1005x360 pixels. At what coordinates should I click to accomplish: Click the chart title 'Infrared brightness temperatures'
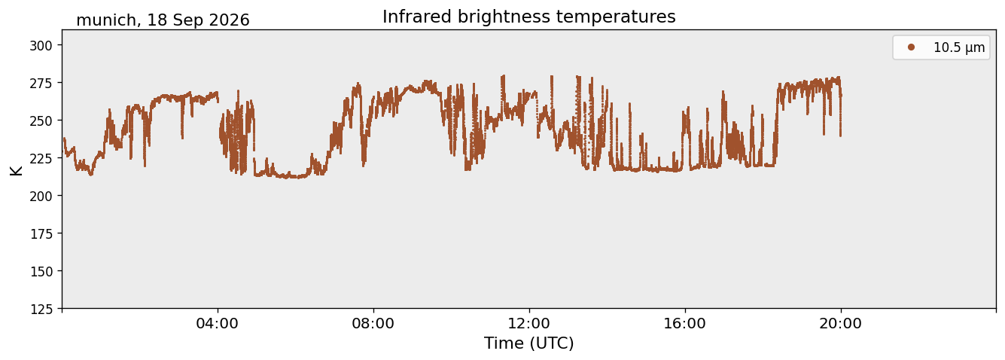pyautogui.click(x=529, y=17)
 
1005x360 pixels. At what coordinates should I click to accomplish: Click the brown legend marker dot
pyautogui.click(x=911, y=47)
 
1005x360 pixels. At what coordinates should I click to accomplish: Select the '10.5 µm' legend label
pyautogui.click(x=959, y=47)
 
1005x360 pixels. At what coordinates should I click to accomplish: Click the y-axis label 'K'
pyautogui.click(x=16, y=170)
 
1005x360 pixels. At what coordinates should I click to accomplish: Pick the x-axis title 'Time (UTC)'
pyautogui.click(x=529, y=343)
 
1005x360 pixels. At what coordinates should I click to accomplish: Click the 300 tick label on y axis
pyautogui.click(x=41, y=45)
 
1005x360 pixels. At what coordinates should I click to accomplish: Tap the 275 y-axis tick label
pyautogui.click(x=41, y=83)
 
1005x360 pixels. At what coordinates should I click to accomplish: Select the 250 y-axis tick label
pyautogui.click(x=41, y=121)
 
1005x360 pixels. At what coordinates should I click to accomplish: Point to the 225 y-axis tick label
pyautogui.click(x=41, y=158)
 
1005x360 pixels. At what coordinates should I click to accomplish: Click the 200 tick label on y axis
pyautogui.click(x=41, y=196)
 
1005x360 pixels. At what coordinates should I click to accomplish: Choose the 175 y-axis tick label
pyautogui.click(x=41, y=234)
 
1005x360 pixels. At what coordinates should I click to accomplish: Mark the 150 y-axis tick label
pyautogui.click(x=41, y=272)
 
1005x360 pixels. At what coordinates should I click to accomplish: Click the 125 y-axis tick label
pyautogui.click(x=41, y=310)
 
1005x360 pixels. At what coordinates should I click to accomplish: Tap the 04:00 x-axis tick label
pyautogui.click(x=218, y=324)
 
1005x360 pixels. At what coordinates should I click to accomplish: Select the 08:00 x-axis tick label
pyautogui.click(x=373, y=324)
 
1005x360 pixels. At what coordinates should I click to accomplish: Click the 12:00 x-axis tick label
pyautogui.click(x=529, y=324)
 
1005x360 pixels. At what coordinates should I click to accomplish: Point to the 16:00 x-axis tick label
pyautogui.click(x=684, y=324)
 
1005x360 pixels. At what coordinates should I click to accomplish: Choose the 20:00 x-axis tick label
pyautogui.click(x=840, y=324)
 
